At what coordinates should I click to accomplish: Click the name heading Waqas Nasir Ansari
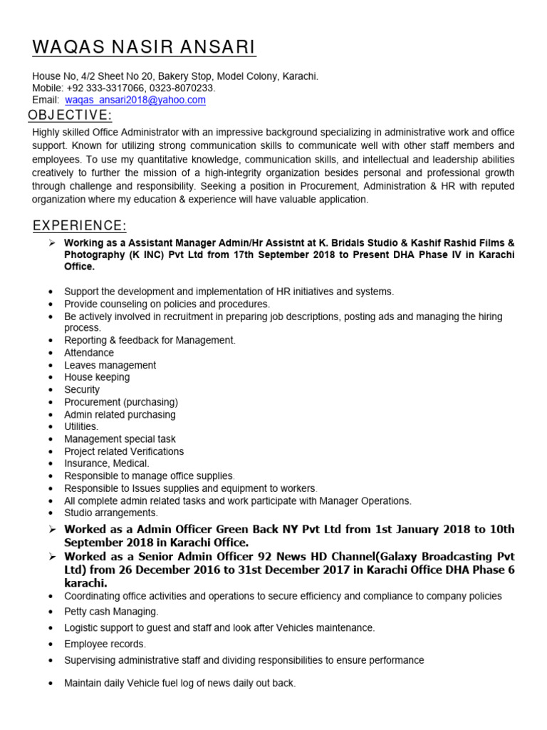[144, 48]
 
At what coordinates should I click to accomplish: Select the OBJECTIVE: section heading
[70, 115]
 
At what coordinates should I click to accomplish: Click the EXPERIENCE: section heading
[80, 225]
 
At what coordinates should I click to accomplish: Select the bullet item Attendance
[89, 353]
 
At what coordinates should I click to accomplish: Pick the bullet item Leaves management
[110, 365]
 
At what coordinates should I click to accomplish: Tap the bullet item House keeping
[97, 377]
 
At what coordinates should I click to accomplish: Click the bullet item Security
[82, 390]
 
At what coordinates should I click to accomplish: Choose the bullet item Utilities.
[81, 426]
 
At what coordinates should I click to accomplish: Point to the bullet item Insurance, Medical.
[107, 463]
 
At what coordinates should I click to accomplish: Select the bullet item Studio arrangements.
[110, 513]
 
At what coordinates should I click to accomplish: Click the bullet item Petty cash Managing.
[111, 612]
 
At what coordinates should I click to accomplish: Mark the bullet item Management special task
[120, 439]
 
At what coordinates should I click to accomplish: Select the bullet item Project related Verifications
[124, 451]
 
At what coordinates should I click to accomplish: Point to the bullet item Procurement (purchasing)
[120, 402]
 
